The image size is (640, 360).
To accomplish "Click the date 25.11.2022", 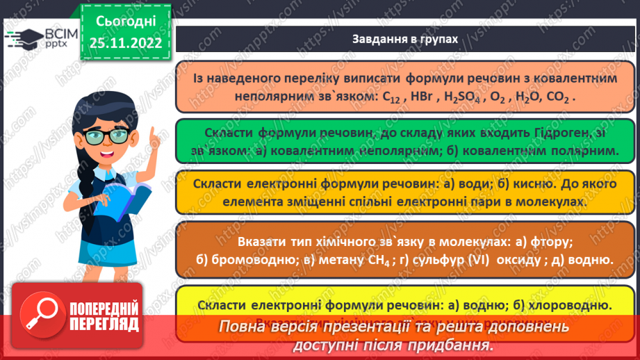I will click(x=125, y=43).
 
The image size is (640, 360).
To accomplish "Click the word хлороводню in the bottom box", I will click(x=572, y=305).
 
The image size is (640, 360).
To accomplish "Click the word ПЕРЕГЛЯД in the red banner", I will click(x=104, y=325).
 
